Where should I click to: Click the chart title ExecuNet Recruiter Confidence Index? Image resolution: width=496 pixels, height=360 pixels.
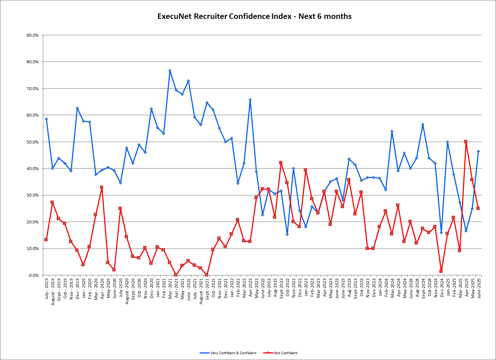pos(254,16)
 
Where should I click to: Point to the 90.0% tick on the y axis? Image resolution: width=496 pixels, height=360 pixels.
pos(33,35)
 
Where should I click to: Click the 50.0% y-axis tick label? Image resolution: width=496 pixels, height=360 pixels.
pos(33,142)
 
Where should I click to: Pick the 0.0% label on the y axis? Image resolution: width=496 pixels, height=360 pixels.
pos(33,275)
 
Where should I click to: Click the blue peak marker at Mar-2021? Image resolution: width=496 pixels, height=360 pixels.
pos(170,71)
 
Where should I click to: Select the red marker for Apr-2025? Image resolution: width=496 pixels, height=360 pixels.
pos(466,142)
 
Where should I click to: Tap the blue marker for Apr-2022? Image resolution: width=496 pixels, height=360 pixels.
pos(250,100)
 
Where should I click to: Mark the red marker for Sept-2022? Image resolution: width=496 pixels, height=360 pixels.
pos(281,163)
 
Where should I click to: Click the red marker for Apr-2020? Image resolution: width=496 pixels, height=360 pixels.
pos(102,187)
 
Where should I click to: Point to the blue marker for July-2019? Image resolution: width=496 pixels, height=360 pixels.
pos(46,119)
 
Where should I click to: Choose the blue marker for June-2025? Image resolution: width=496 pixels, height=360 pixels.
pos(478,151)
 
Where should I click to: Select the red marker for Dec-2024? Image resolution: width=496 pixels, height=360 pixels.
pos(441,271)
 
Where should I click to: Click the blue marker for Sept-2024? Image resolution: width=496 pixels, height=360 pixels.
pos(423,125)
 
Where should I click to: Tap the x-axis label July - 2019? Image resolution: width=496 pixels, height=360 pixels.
pos(47,289)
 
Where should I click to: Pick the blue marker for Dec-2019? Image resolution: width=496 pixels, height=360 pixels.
pos(77,108)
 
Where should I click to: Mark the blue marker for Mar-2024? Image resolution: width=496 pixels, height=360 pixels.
pos(392,132)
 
